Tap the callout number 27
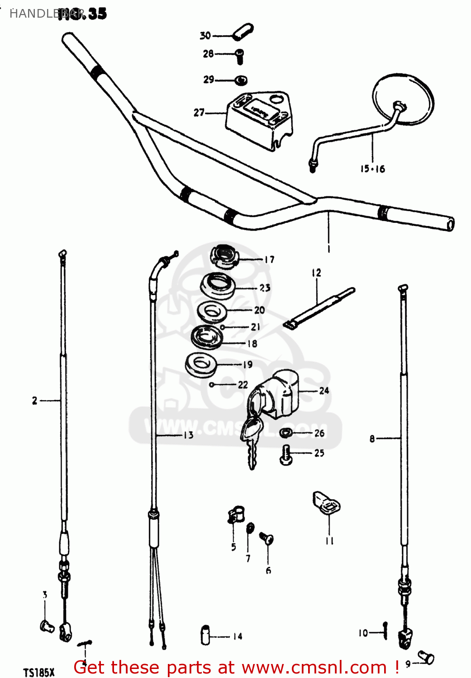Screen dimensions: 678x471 [x=199, y=113]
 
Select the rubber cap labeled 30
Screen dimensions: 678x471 [x=243, y=33]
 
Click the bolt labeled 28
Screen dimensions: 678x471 [x=239, y=56]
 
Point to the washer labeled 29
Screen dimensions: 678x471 [x=241, y=81]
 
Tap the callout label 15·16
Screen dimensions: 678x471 [x=372, y=169]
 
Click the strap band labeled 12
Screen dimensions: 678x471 [x=319, y=307]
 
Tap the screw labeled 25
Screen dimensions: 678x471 [x=285, y=454]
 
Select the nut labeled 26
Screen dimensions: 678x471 [x=285, y=433]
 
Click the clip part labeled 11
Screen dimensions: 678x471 [x=326, y=503]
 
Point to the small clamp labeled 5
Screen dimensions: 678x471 [x=235, y=515]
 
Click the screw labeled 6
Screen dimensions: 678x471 [x=266, y=538]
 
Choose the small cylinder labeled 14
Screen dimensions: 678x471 [x=205, y=635]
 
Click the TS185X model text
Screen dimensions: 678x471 [x=39, y=672]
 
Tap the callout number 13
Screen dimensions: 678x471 [x=188, y=435]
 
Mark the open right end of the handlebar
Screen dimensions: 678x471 [x=450, y=224]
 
